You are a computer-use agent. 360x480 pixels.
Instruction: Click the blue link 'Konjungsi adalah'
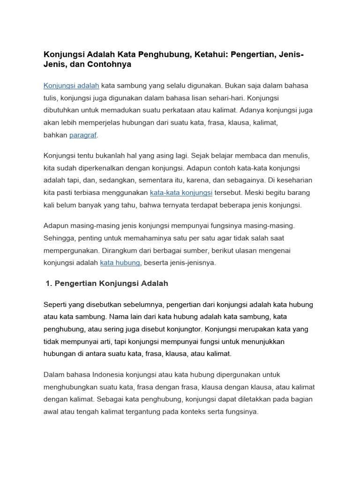point(71,86)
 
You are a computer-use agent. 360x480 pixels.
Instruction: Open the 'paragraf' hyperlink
point(83,135)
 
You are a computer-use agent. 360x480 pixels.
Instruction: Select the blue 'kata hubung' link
point(120,263)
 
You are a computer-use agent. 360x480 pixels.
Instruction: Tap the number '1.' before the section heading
point(50,284)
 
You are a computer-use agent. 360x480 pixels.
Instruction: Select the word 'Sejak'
point(200,156)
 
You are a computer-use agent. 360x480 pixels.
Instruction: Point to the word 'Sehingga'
point(59,238)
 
